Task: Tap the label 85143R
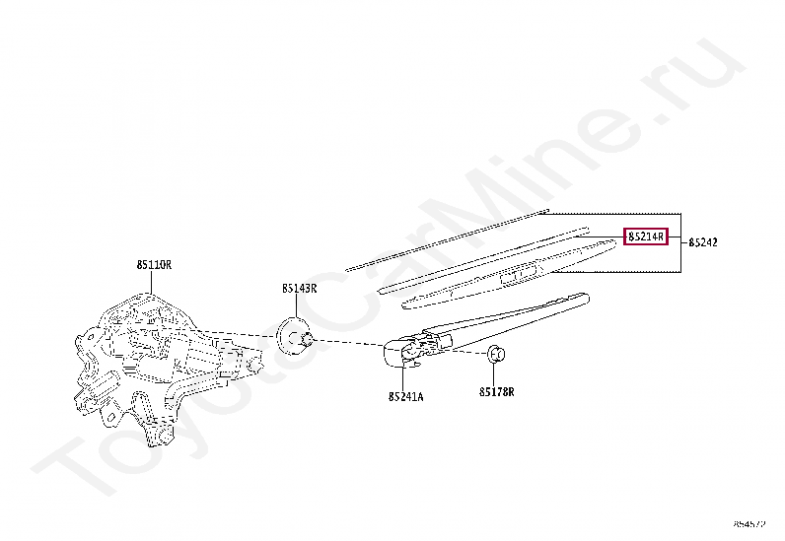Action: [298, 288]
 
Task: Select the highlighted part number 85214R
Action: [646, 237]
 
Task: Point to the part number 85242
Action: [703, 241]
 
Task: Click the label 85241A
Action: [404, 396]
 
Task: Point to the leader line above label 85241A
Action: [404, 376]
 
